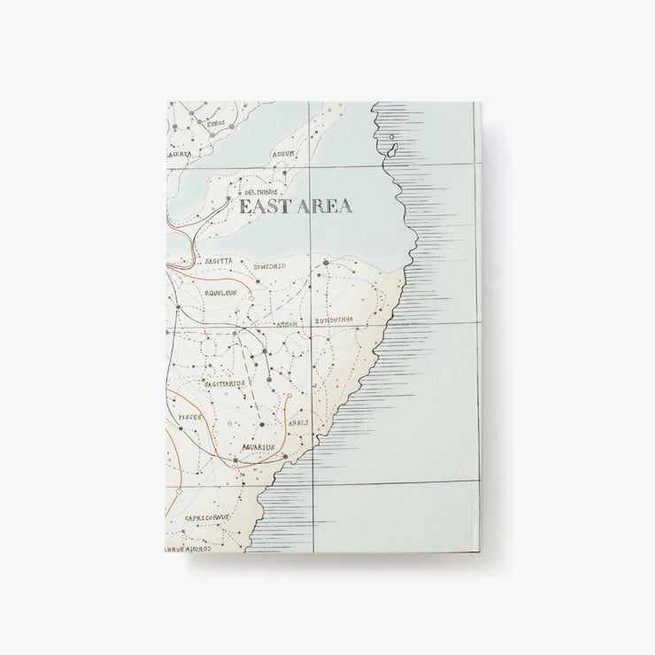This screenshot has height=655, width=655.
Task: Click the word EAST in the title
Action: [264, 206]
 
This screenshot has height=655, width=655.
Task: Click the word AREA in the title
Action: [324, 206]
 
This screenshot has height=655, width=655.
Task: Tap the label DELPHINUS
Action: [262, 191]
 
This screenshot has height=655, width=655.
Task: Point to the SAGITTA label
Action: [220, 262]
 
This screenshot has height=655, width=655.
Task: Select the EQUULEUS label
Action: [220, 292]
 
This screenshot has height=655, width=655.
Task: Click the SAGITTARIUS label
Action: [225, 383]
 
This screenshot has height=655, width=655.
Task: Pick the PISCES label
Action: [190, 416]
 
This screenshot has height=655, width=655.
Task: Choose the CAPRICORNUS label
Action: [207, 517]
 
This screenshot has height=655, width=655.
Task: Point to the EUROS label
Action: [216, 123]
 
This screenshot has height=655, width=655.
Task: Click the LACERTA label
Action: [180, 153]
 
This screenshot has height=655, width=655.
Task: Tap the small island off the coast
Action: [391, 148]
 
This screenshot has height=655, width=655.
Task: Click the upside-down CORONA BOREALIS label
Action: [186, 549]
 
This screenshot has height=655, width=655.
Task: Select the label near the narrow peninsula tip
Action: [283, 153]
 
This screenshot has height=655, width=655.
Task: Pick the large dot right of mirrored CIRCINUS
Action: [325, 263]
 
